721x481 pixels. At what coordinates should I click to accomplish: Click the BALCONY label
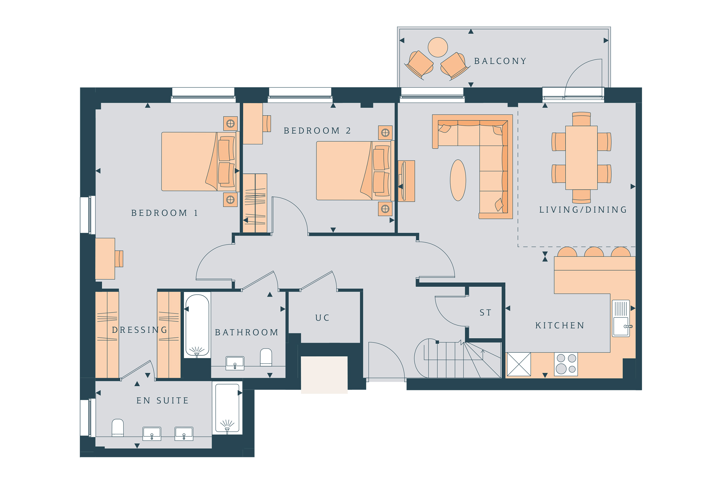pos(500,61)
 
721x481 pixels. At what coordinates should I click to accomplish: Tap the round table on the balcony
pos(438,47)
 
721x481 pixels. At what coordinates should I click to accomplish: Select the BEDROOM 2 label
pos(317,131)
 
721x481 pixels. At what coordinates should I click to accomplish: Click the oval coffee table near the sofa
pos(458,180)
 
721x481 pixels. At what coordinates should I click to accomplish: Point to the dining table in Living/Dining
pos(581,158)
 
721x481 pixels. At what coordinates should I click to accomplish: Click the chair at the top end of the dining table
pos(581,119)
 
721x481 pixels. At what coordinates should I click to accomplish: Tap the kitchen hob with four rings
pos(566,364)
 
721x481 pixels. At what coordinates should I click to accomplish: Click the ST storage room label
pos(486,313)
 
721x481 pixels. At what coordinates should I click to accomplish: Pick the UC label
pos(322,318)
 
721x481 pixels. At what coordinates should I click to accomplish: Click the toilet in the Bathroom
pos(266,357)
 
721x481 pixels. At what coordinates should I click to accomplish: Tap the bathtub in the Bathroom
pos(197,325)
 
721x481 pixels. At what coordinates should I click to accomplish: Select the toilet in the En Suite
pos(118,428)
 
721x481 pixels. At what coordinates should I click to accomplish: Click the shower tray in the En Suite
pos(227,408)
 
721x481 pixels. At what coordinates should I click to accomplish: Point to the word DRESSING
pos(140,330)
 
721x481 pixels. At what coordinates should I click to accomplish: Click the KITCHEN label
pos(560,326)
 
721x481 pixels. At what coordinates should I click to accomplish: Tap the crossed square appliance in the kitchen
pos(519,364)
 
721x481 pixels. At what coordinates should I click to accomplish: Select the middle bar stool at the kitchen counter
pos(594,252)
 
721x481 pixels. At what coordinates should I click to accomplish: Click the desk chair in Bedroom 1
pos(119,259)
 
